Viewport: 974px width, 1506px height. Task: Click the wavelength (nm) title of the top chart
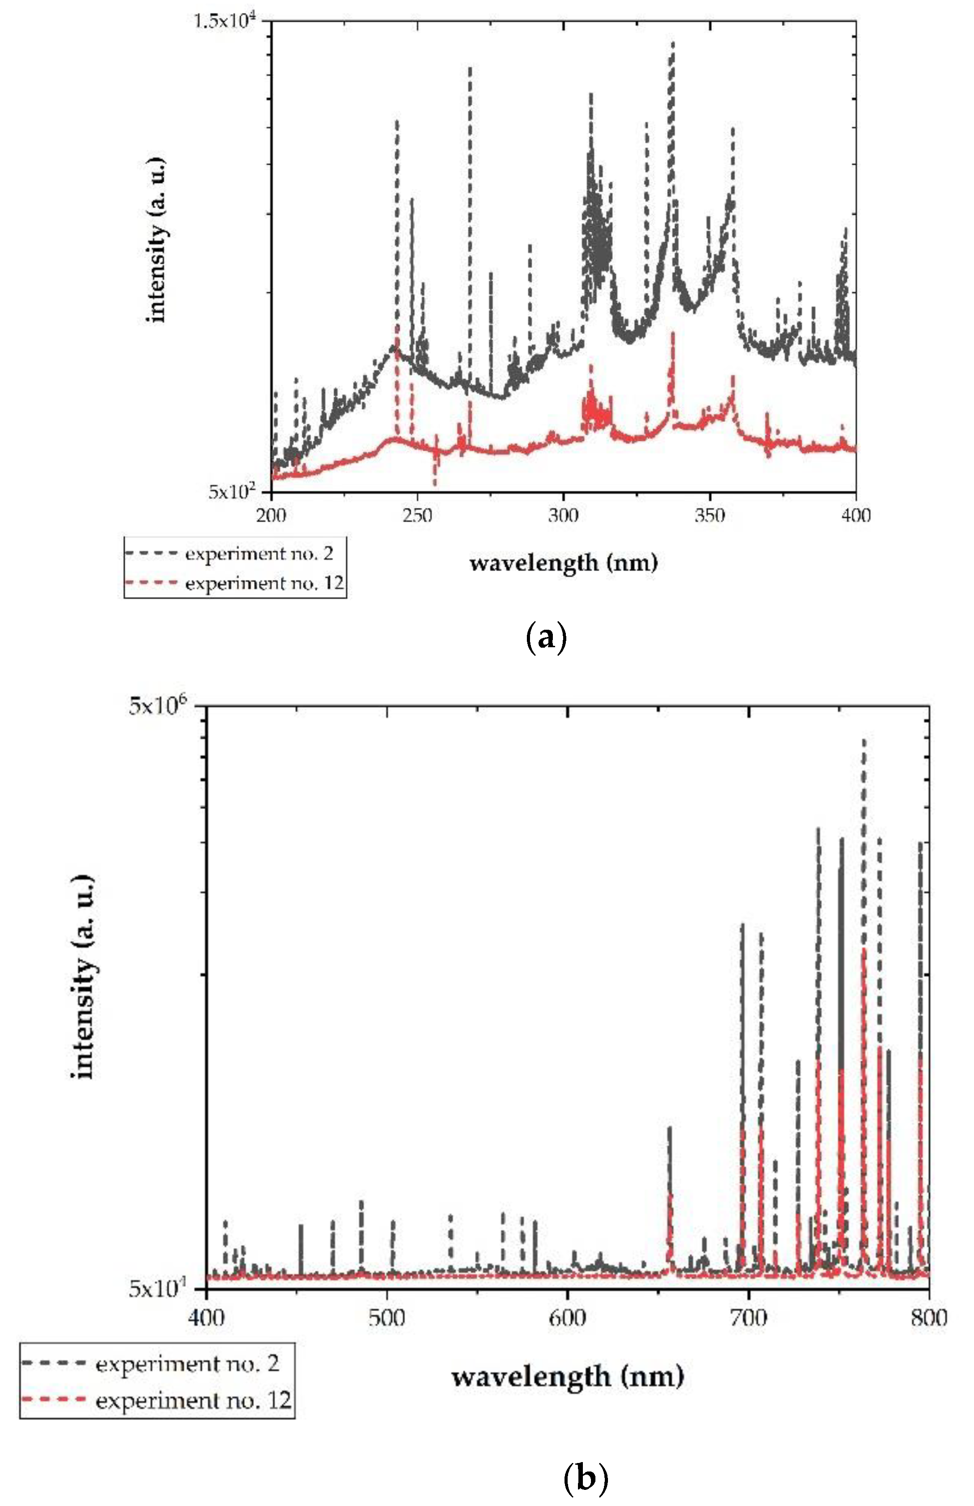click(x=563, y=562)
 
